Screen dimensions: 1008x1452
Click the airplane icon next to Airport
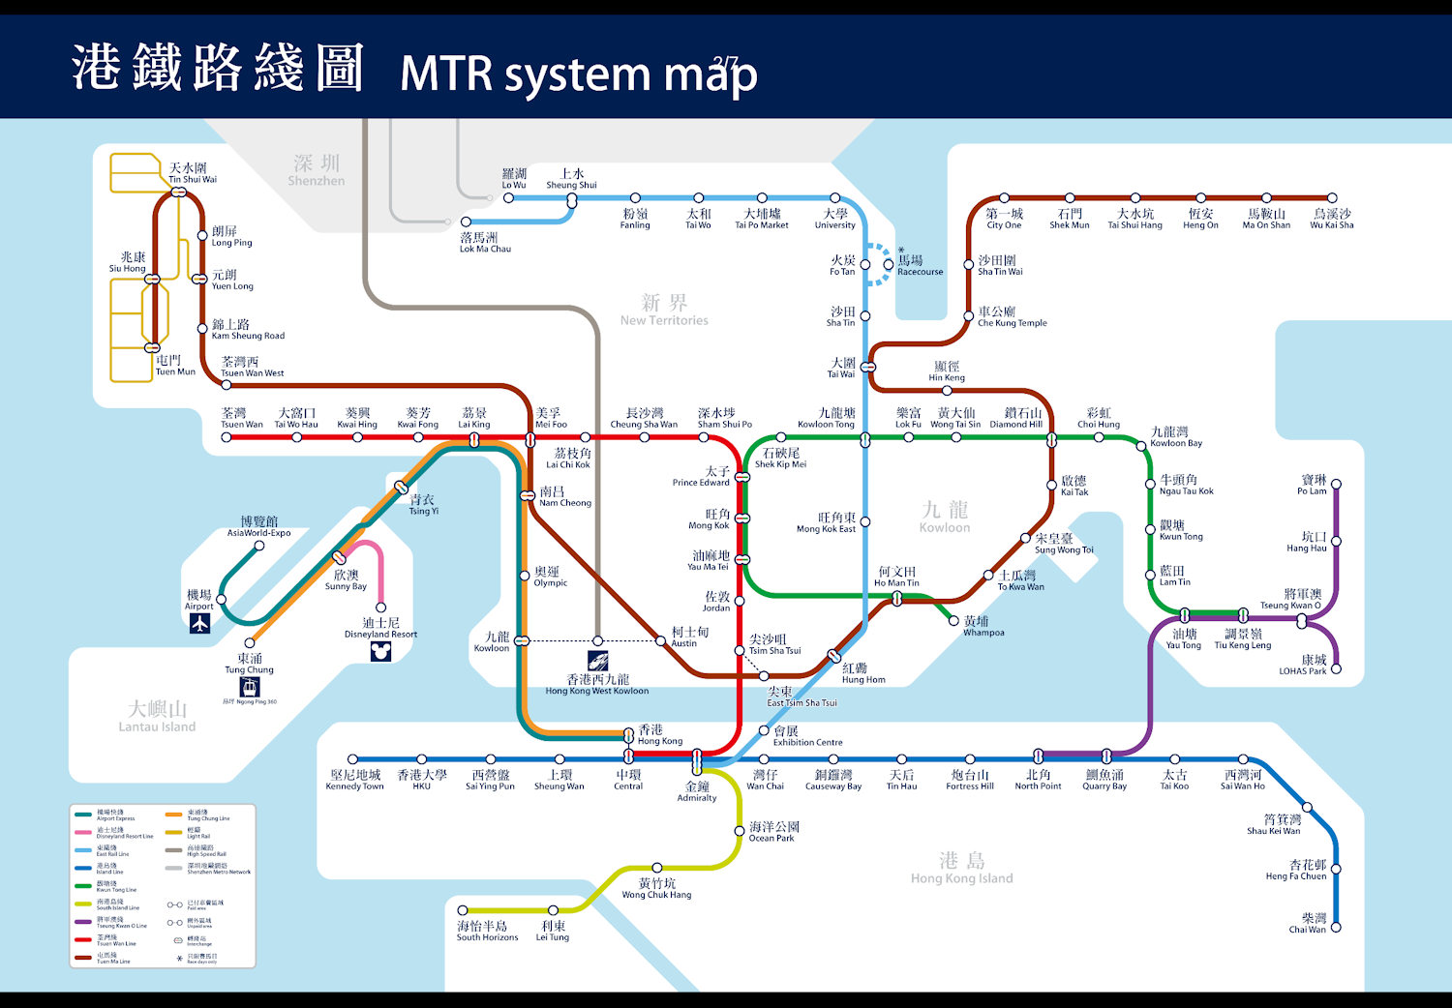199,624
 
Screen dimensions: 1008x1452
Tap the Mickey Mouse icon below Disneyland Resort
380,651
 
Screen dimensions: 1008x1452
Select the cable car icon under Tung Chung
250,687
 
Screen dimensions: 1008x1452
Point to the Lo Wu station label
514,179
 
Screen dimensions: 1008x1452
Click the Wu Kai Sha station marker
1332,198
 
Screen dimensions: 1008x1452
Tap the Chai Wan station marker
1336,927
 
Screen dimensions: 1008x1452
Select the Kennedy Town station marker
353,759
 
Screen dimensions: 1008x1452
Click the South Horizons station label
487,932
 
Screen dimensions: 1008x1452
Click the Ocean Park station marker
740,830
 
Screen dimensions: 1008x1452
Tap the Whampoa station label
983,627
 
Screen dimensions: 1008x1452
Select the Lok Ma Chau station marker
466,222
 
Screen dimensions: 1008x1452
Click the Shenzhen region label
317,170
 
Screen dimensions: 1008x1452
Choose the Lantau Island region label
157,717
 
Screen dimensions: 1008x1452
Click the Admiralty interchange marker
696,759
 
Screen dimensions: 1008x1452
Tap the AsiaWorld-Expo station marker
259,546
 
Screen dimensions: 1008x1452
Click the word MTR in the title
446,74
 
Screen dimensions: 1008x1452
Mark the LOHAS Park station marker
1336,668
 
